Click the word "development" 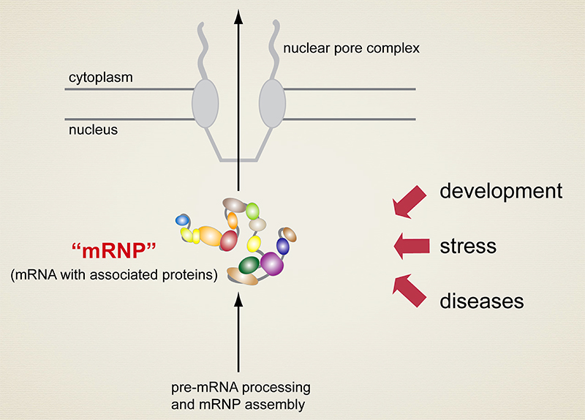coord(500,192)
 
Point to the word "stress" coord(468,245)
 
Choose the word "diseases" coord(481,300)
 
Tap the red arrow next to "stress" coord(410,246)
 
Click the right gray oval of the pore coord(271,103)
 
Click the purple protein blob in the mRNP coord(273,261)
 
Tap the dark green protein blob coord(249,263)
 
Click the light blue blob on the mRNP coord(182,220)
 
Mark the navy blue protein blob coord(282,245)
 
